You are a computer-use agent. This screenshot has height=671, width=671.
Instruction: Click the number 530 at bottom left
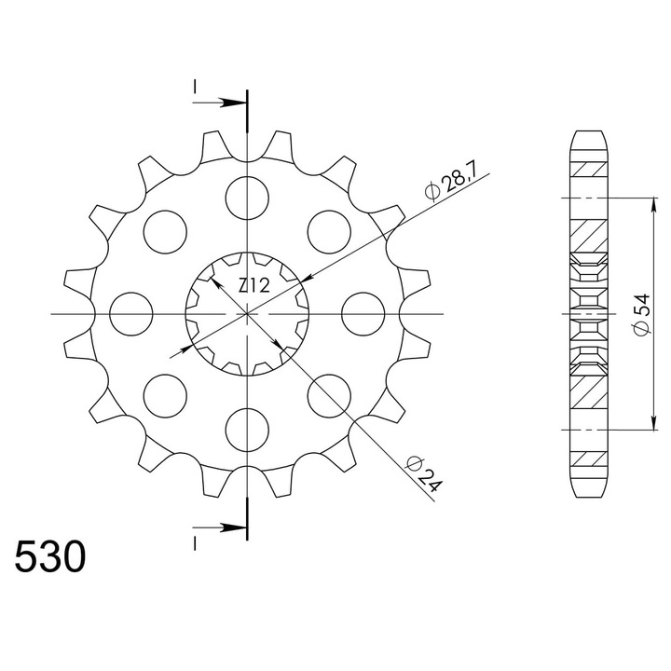(50, 556)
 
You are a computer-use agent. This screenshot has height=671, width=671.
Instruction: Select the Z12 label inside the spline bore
(254, 285)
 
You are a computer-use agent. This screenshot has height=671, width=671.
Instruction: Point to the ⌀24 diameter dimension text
(424, 474)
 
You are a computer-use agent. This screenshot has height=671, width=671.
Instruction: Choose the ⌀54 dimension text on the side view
(642, 315)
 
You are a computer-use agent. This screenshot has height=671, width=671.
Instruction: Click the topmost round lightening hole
(247, 199)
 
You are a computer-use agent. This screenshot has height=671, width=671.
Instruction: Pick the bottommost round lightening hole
(247, 430)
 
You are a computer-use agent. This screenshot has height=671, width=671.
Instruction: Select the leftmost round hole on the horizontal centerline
(131, 314)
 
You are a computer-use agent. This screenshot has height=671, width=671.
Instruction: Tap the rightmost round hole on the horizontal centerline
(363, 314)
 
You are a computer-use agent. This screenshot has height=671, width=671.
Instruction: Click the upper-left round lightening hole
(165, 232)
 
